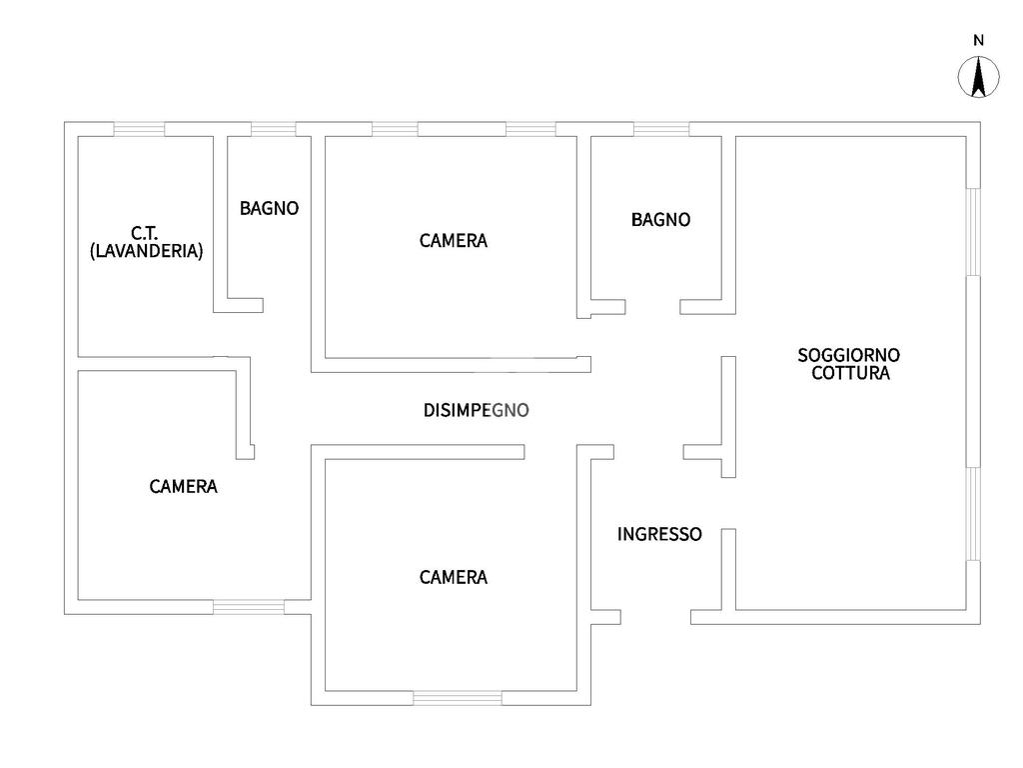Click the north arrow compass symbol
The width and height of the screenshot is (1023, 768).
[x=979, y=78]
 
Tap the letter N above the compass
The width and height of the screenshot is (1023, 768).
[x=979, y=41]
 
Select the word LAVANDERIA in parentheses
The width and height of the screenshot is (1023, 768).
[x=146, y=251]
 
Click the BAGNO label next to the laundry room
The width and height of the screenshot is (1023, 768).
[x=269, y=209]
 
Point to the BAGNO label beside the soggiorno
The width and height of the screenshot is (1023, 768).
[x=660, y=220]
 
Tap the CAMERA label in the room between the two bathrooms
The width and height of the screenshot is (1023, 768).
[x=454, y=240]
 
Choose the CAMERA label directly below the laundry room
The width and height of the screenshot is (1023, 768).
[x=184, y=487]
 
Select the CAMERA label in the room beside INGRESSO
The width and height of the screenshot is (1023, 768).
[x=454, y=577]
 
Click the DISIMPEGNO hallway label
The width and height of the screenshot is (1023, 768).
[x=476, y=410]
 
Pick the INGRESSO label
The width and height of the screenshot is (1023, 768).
[x=659, y=534]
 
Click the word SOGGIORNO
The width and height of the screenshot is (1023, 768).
[x=849, y=355]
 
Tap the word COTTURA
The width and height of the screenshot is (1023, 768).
[x=850, y=374]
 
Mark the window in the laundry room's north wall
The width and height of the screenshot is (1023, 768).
[x=139, y=129]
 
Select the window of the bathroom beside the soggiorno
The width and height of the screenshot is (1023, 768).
[x=661, y=129]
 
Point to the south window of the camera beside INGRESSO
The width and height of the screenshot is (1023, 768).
[x=458, y=698]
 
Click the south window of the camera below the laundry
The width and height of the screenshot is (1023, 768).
[x=248, y=606]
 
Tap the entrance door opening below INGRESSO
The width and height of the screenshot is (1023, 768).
[x=655, y=616]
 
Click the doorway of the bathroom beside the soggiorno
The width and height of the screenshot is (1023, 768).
[x=653, y=306]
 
